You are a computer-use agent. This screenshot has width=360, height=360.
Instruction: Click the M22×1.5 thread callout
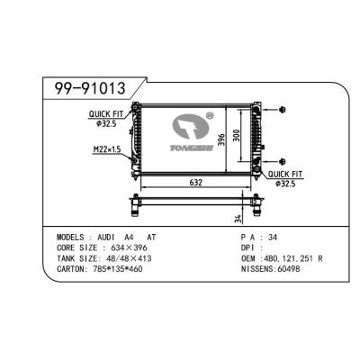tap(106, 148)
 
